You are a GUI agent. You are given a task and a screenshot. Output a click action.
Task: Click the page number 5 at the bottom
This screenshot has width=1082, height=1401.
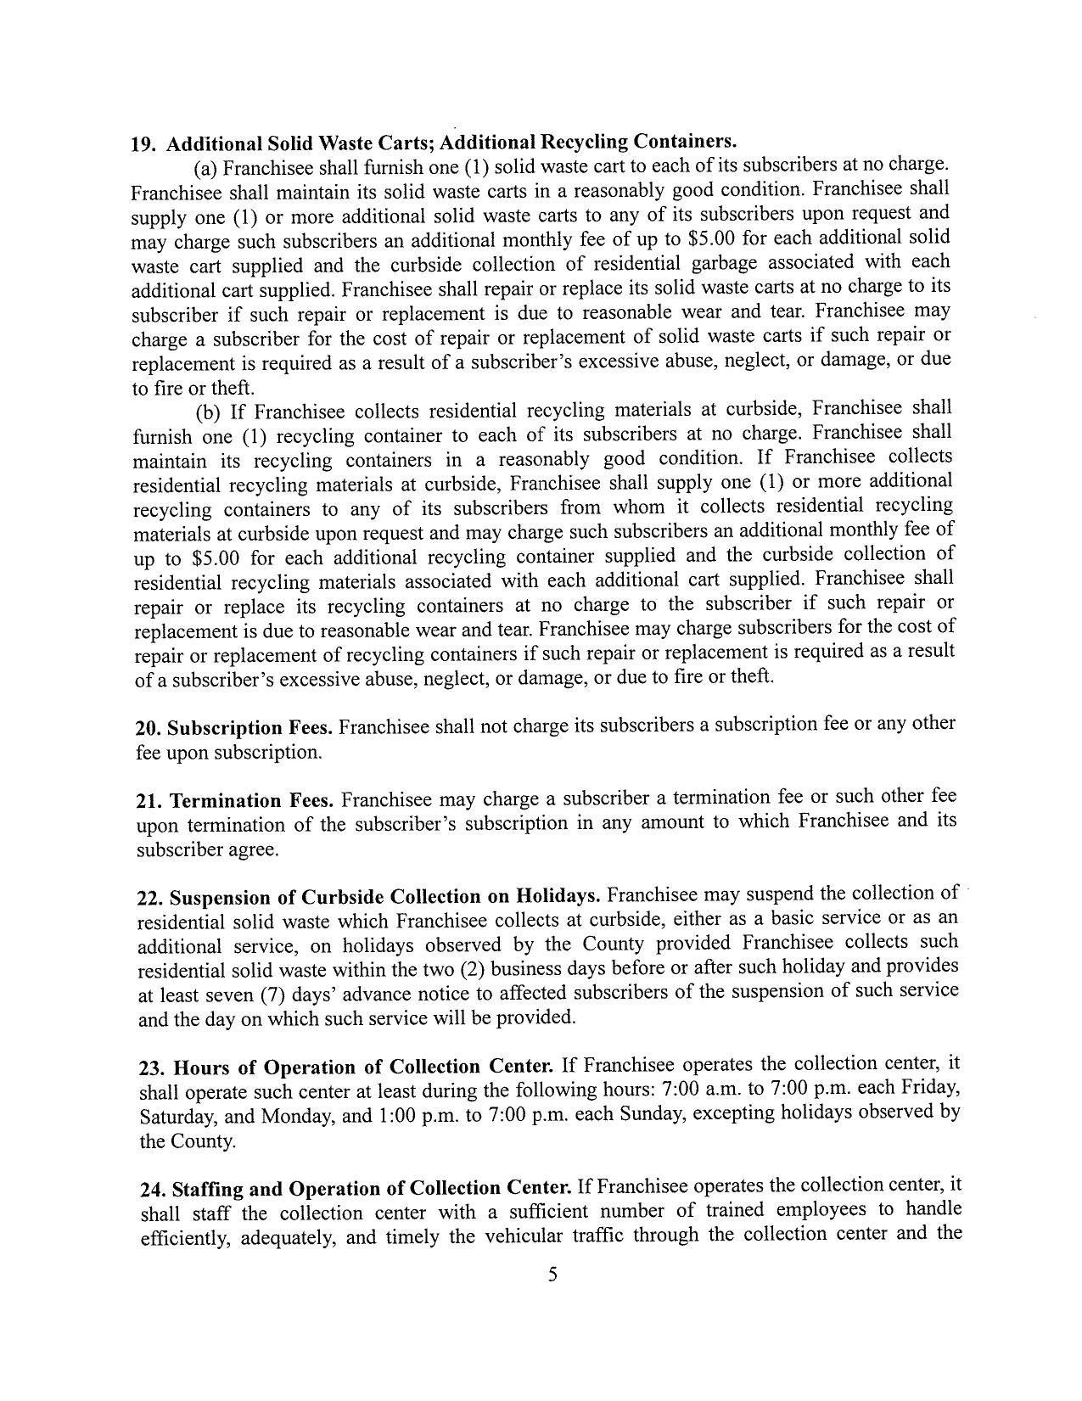(552, 1274)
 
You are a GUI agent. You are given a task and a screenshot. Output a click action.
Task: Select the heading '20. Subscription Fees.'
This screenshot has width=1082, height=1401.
(234, 728)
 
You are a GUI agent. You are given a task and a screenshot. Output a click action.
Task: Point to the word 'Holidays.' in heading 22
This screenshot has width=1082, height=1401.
(559, 896)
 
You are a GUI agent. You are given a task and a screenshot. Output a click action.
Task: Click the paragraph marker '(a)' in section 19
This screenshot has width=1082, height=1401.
(207, 167)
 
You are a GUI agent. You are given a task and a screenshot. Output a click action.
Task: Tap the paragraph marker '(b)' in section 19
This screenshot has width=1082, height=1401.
(208, 413)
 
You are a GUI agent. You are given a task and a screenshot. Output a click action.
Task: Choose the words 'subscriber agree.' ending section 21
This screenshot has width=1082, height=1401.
(207, 849)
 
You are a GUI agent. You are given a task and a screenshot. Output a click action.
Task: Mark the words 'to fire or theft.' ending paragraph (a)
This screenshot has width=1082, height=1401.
(193, 389)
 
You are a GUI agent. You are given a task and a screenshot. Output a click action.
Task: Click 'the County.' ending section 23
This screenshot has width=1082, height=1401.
(188, 1141)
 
